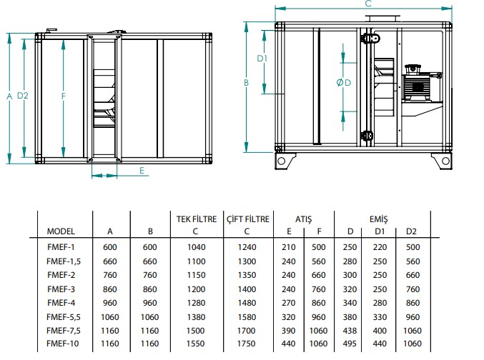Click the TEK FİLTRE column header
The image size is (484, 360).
coord(197,219)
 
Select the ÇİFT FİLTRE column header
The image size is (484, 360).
coord(248,219)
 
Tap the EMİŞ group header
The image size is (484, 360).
coord(378,219)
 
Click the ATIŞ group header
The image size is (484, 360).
coord(303,219)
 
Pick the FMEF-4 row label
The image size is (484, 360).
coord(61,303)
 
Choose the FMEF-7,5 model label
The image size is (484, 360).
coord(64,331)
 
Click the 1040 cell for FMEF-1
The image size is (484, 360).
coord(196,247)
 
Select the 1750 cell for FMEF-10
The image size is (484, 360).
coord(247,344)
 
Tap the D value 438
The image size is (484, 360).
coord(350,331)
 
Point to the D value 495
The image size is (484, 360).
coord(350,344)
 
